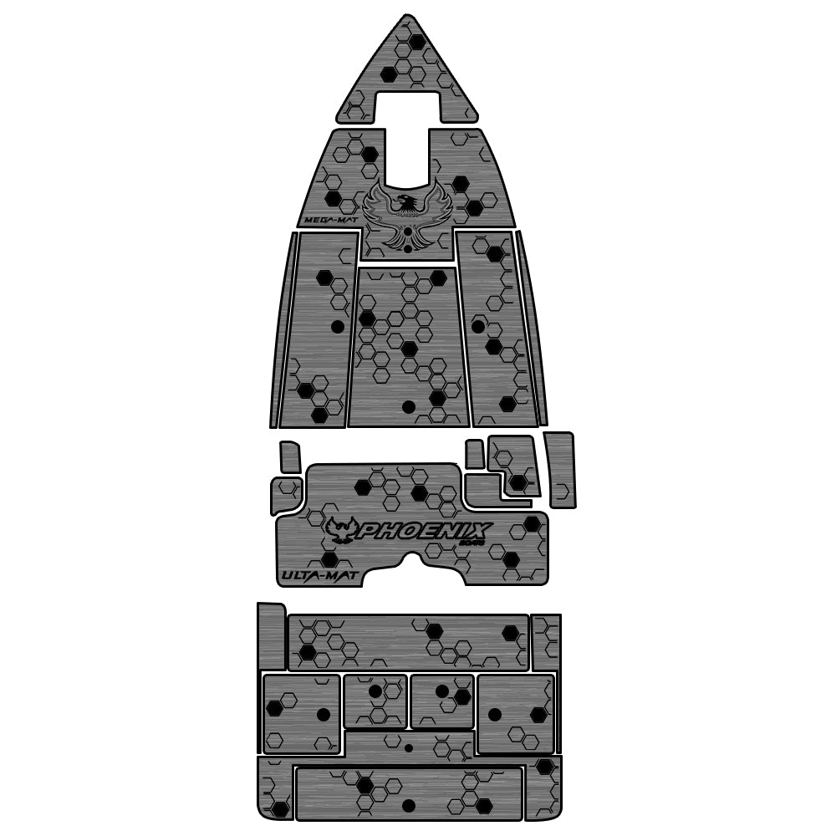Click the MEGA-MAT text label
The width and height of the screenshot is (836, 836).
325,221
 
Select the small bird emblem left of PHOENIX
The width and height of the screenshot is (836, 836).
342,529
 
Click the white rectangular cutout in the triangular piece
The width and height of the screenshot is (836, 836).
407,106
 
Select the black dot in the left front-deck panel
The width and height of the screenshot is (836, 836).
337,326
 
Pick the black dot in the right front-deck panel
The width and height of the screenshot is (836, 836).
477,326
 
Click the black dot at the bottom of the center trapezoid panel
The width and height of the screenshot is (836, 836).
408,407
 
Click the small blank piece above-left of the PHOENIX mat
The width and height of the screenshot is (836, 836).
289,456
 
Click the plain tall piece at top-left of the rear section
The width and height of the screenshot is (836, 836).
271,635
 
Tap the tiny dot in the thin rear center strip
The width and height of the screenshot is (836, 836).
409,747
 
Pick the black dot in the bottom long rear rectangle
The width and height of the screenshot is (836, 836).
409,806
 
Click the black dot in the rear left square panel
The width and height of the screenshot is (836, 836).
323,714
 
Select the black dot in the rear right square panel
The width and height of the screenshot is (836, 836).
494,714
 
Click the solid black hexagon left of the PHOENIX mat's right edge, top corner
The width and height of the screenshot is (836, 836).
532,524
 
